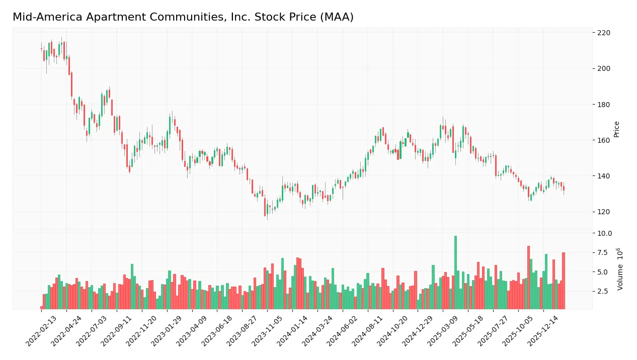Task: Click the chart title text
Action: click(183, 17)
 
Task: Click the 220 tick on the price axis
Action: click(603, 33)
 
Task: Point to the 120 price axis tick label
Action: click(603, 212)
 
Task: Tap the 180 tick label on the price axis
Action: click(603, 105)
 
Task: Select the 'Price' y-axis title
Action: click(617, 129)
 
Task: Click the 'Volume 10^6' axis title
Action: click(620, 268)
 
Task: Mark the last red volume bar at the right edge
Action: click(564, 281)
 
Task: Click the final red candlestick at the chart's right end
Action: click(564, 188)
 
